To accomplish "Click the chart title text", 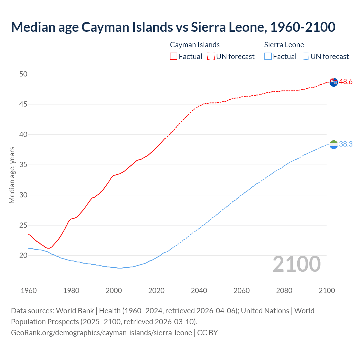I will (x=173, y=27).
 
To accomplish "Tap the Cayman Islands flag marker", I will (x=333, y=82).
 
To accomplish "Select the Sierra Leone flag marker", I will (x=333, y=145).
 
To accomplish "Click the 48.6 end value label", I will (x=346, y=82).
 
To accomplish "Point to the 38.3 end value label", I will (x=346, y=144).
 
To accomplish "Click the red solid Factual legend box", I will (x=174, y=57).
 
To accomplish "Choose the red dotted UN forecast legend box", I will (x=211, y=57).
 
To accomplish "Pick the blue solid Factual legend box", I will (x=268, y=57).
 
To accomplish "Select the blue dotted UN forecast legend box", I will (x=305, y=57).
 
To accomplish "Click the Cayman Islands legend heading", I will (x=195, y=45).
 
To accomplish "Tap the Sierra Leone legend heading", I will (x=284, y=45).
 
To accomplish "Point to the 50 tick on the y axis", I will (x=23, y=74).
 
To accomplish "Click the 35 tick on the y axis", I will (x=23, y=165).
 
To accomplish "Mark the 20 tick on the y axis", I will (x=23, y=255).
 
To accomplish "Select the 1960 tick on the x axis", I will (x=29, y=291).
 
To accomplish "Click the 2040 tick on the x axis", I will (x=199, y=291).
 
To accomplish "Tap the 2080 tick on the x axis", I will (x=284, y=291).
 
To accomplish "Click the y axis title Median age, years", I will (x=12, y=175).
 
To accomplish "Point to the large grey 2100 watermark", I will (x=296, y=264).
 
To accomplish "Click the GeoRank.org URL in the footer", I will (x=101, y=333).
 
